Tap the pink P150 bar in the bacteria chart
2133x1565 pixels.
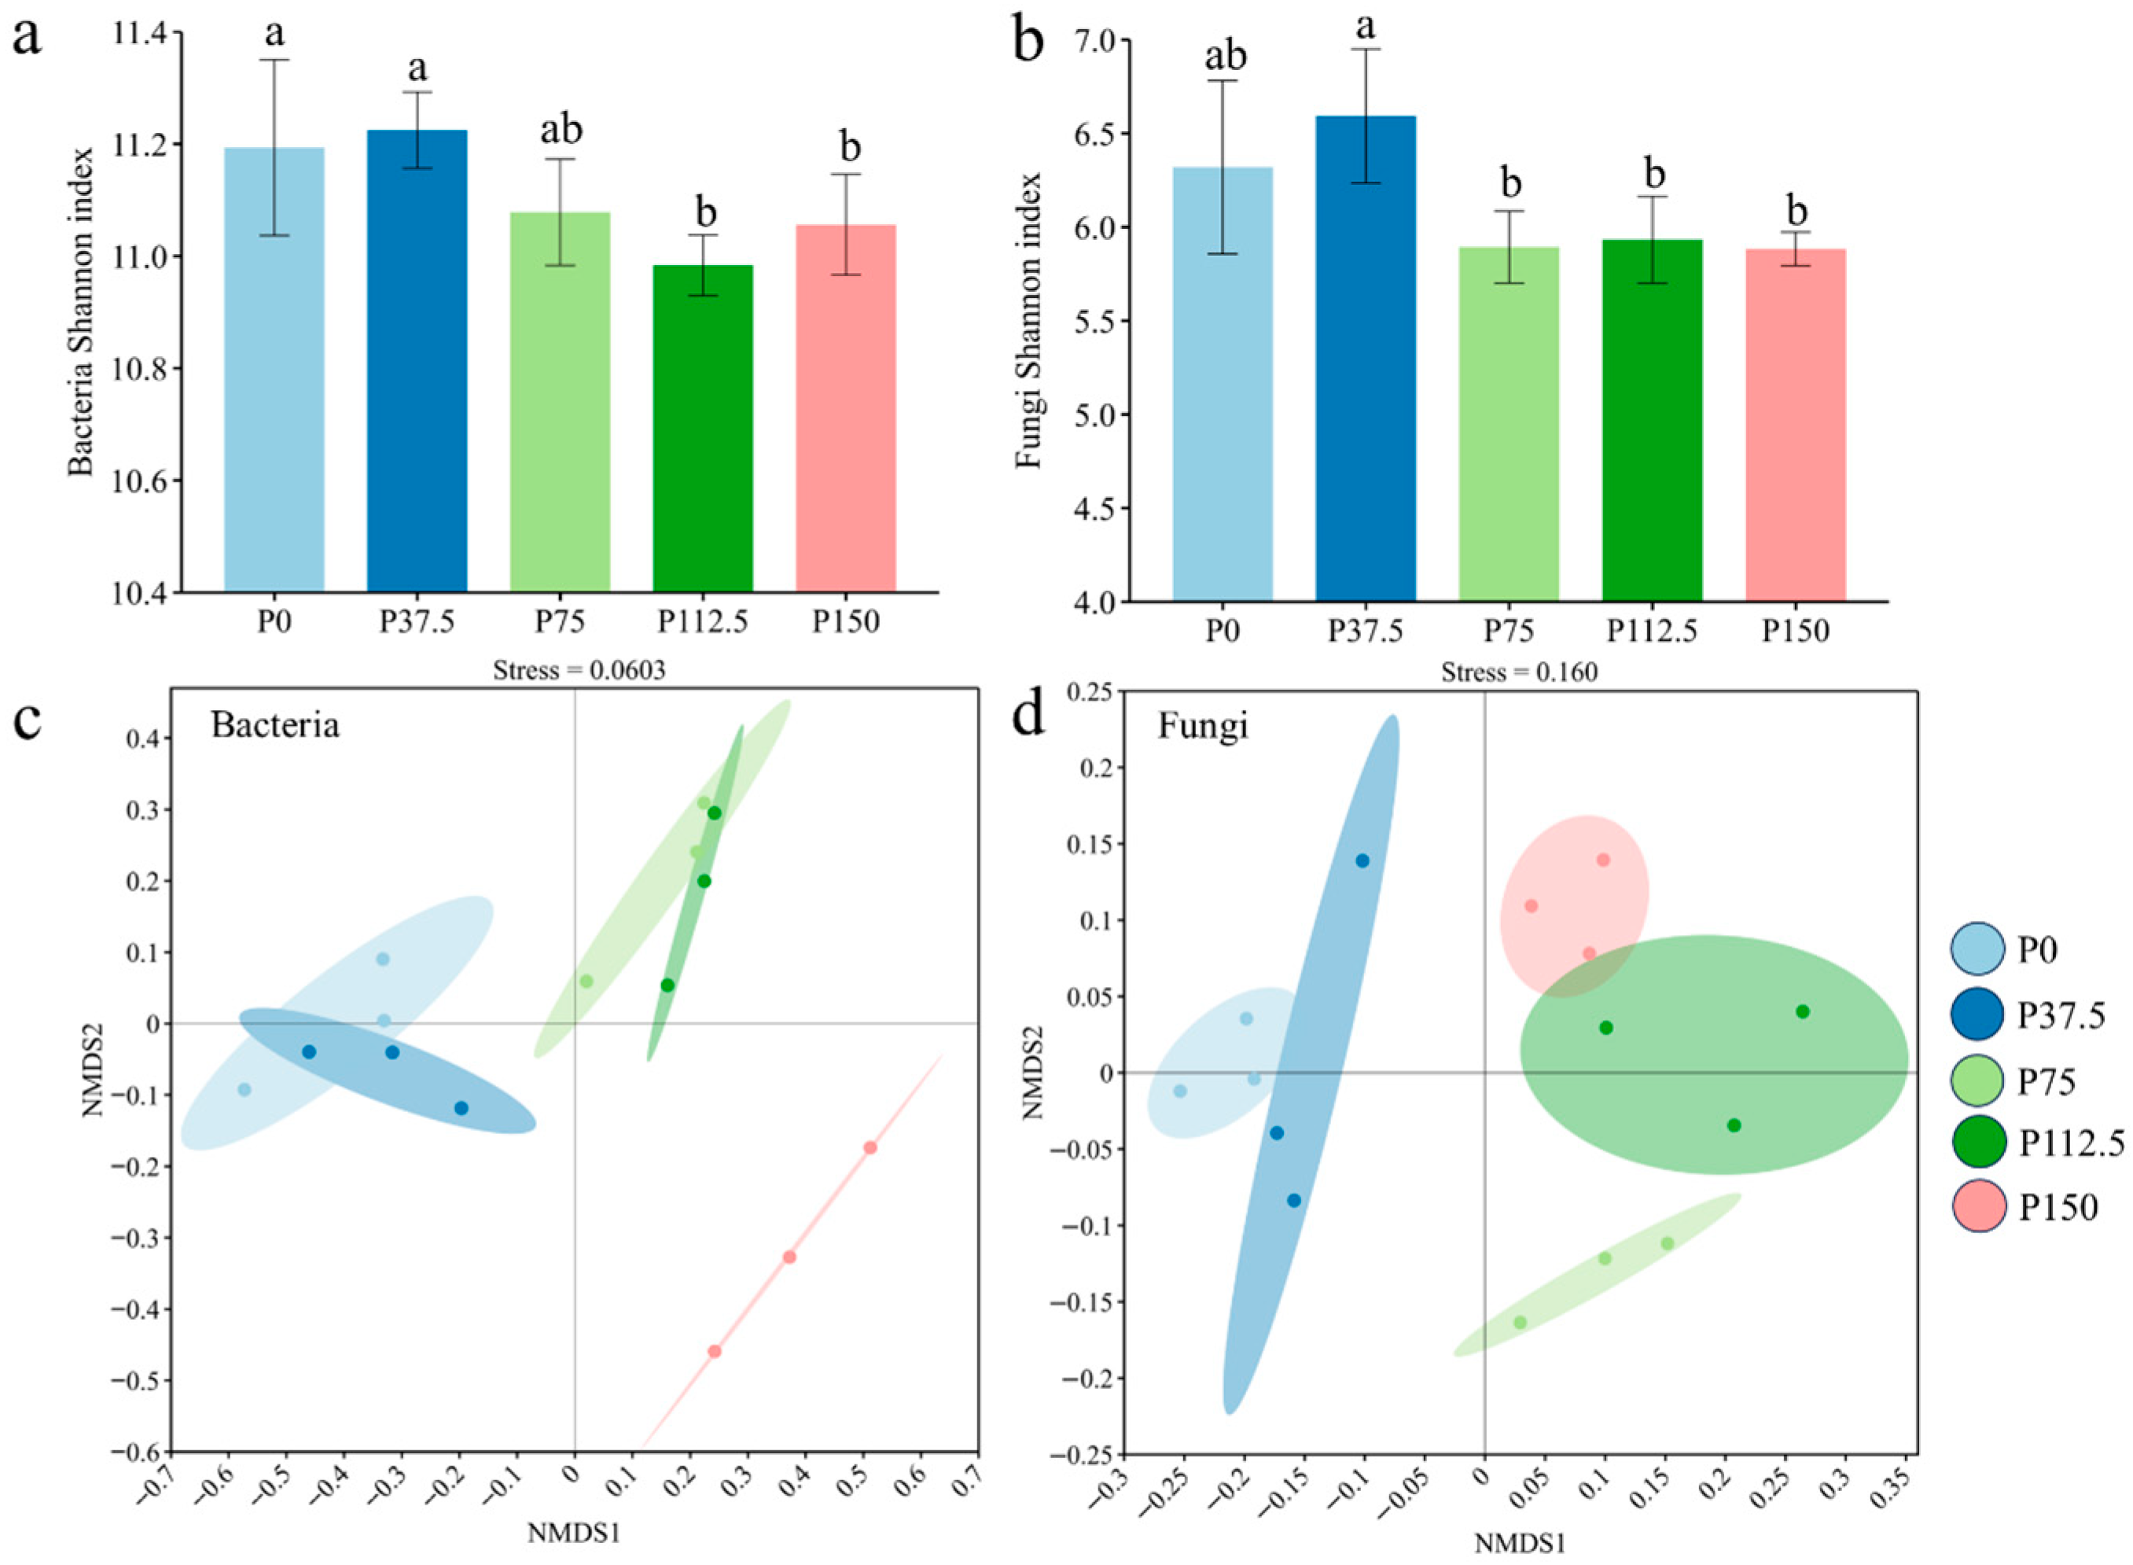[x=845, y=407]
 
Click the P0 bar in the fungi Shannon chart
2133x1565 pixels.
[x=1222, y=384]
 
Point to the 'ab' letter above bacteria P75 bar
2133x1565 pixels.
[x=561, y=130]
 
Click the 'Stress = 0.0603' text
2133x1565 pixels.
[x=579, y=671]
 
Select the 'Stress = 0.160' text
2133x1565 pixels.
[x=1518, y=672]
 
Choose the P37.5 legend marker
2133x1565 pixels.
[x=1977, y=1014]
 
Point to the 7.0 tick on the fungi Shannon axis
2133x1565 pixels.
[x=1091, y=42]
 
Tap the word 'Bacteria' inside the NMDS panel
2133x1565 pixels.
[x=274, y=725]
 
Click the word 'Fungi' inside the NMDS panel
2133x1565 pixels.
[x=1203, y=726]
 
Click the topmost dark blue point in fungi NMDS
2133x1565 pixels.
[x=1362, y=860]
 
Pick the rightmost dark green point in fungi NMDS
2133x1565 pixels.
[x=1803, y=1012]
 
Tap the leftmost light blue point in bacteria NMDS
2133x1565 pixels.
[x=245, y=1089]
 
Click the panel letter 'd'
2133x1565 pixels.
[x=1032, y=717]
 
